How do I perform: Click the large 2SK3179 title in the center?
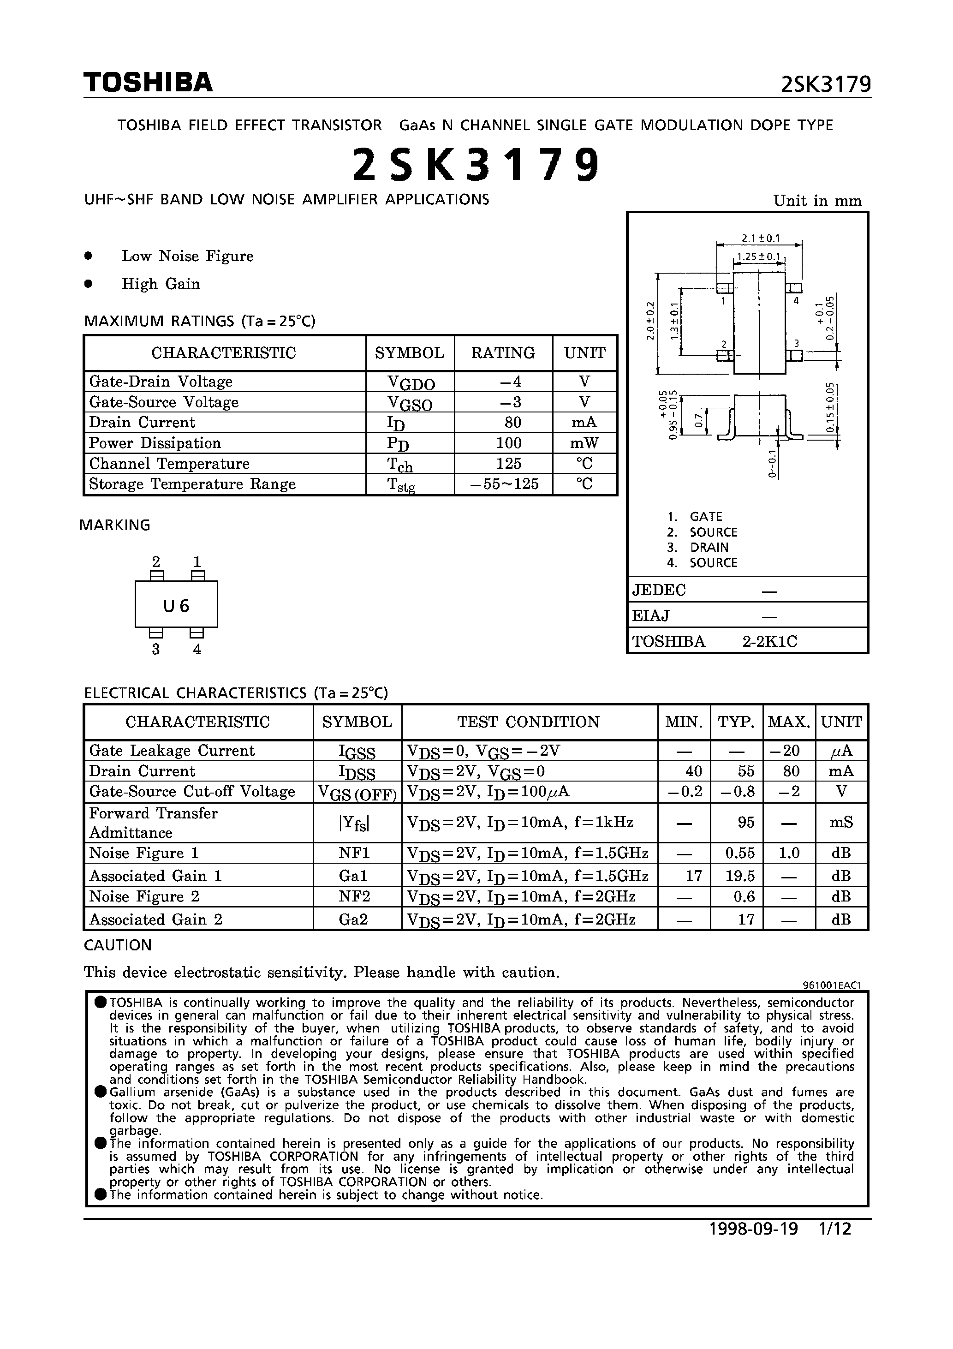coord(476,165)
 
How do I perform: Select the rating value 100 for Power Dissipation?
coord(508,443)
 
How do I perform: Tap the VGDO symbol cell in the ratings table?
coord(411,382)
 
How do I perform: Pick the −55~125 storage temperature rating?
coord(505,484)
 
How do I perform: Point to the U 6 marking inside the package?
coord(176,605)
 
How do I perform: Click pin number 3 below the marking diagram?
coord(156,649)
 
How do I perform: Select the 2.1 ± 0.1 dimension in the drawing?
coord(760,238)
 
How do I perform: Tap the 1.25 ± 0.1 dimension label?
coord(758,257)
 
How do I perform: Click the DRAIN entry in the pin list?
coord(709,547)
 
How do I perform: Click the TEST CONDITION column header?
coord(528,722)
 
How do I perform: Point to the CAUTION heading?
coord(118,945)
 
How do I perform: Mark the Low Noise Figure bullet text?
coord(187,256)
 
